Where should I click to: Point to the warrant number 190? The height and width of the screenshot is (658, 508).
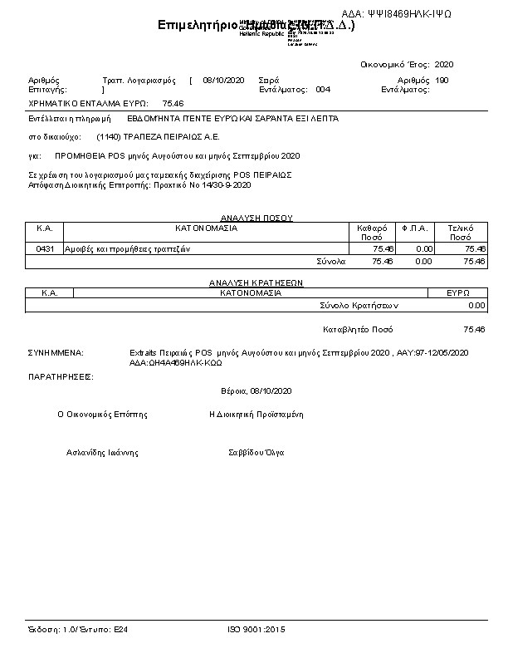(x=442, y=81)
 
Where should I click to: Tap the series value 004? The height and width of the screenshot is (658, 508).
(x=323, y=89)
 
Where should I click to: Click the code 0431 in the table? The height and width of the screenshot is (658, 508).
(x=45, y=248)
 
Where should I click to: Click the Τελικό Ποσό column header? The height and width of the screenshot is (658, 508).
(x=461, y=232)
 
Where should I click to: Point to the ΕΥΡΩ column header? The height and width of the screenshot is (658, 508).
(x=458, y=292)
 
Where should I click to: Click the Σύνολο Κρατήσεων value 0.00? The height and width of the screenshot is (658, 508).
(x=476, y=306)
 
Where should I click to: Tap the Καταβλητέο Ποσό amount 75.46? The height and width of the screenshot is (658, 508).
(x=474, y=329)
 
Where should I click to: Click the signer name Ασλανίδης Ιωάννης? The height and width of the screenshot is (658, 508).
(x=102, y=453)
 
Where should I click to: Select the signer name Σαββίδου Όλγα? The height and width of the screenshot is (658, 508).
(x=256, y=453)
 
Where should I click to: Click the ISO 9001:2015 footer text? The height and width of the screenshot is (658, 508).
(x=256, y=630)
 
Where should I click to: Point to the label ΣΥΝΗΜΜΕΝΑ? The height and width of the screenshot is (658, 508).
(x=56, y=352)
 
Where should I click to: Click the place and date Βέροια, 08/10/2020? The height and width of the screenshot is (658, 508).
(x=256, y=390)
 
